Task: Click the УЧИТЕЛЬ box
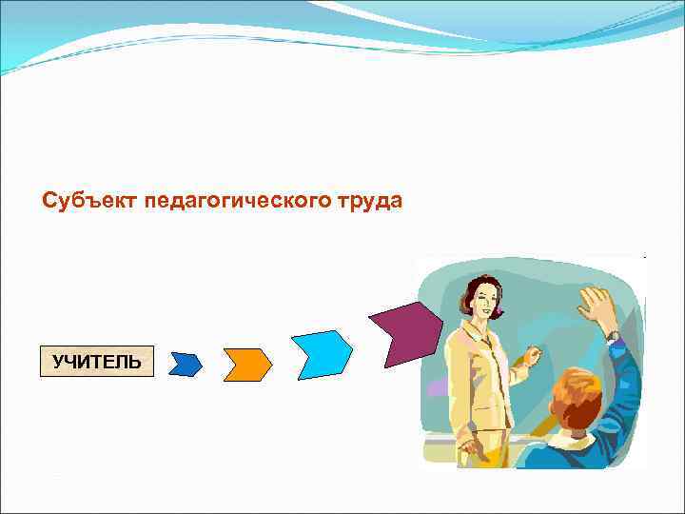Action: [96, 362]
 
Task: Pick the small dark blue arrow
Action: [186, 363]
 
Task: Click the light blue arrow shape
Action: [323, 354]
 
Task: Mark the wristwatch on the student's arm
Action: [612, 336]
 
